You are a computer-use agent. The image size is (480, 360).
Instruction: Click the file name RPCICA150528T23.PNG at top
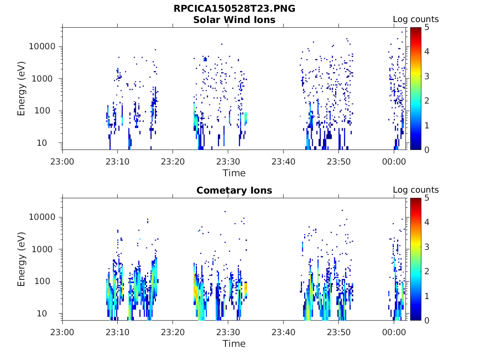pos(234,8)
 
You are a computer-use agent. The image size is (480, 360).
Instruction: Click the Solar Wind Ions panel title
pos(234,20)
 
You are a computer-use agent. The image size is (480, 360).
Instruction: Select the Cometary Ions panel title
pos(234,190)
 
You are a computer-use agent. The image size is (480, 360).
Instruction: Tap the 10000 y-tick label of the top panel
pos(42,47)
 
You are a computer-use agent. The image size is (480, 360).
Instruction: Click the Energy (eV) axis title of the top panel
pos(22,89)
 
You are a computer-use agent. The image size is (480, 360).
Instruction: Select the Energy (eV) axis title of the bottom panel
pos(22,259)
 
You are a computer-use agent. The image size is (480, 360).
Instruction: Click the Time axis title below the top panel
pos(234,173)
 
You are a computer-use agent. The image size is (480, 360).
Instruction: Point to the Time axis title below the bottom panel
pos(234,344)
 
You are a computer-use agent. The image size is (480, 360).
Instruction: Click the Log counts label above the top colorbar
pos(415,19)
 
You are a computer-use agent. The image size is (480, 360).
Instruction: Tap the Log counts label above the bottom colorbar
pos(415,190)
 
